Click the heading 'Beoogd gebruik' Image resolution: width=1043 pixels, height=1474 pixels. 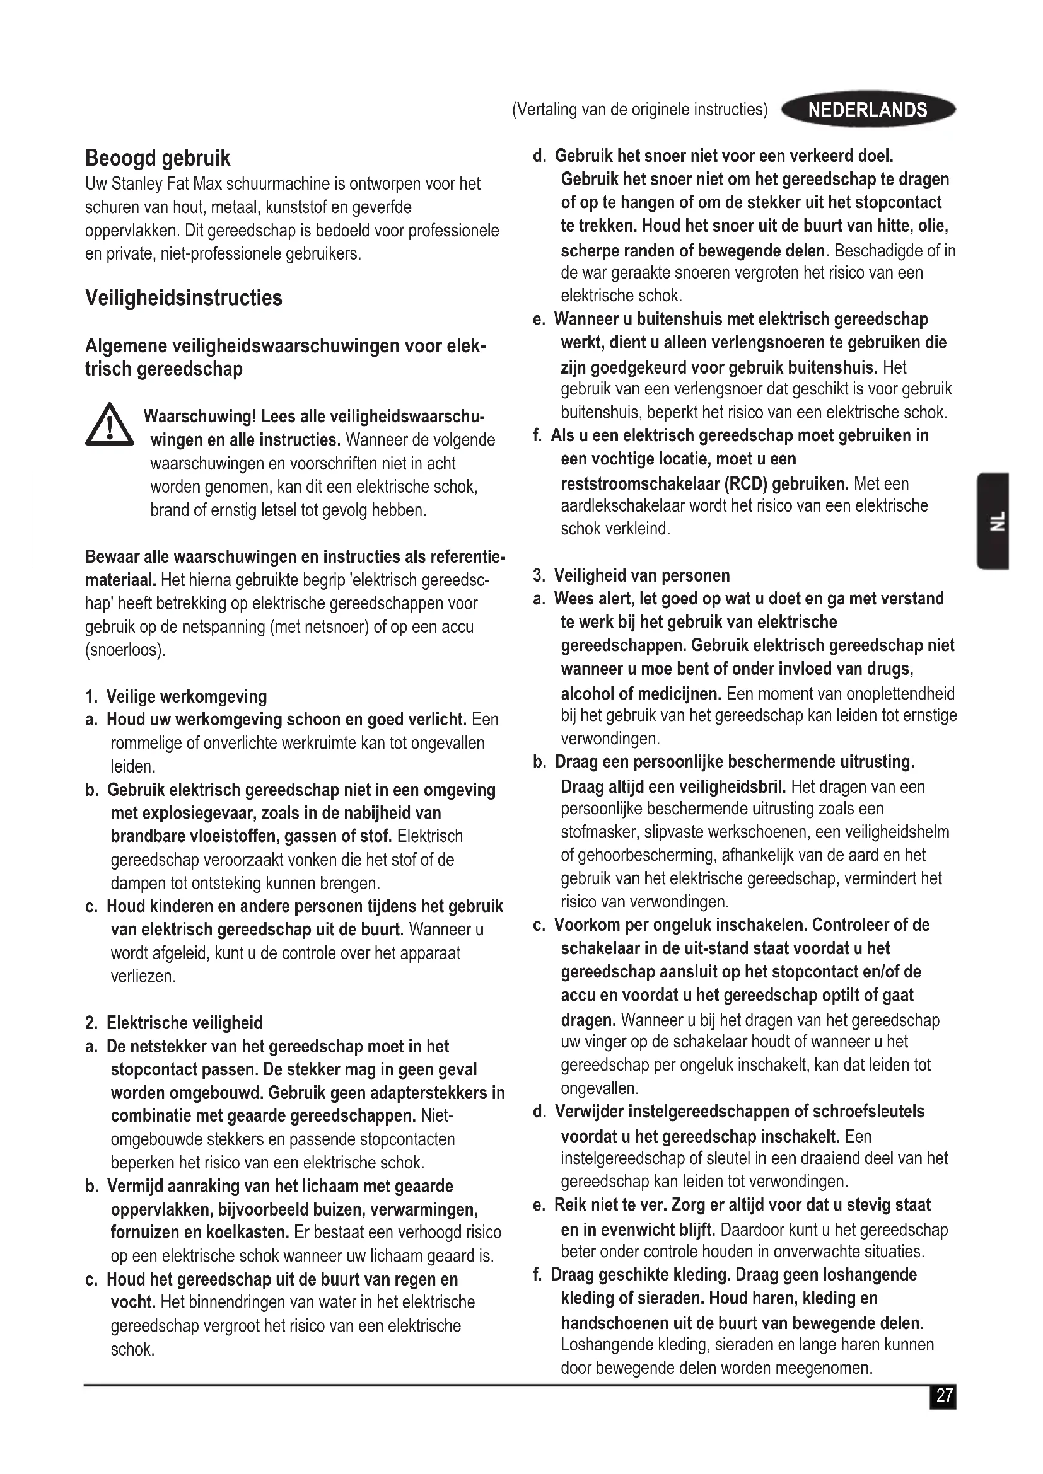158,158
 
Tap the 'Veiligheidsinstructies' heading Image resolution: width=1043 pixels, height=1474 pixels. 183,298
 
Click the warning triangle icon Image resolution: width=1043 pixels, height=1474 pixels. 109,425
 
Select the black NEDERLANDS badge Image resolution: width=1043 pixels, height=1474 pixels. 868,110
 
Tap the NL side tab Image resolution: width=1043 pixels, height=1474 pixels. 994,521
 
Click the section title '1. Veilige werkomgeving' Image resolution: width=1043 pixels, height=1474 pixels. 176,696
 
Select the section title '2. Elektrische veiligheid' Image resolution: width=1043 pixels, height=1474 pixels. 174,1023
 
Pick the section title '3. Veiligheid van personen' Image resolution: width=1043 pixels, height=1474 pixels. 632,575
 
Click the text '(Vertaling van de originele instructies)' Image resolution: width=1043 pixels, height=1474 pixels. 639,110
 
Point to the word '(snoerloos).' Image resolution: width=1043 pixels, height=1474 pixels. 125,650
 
